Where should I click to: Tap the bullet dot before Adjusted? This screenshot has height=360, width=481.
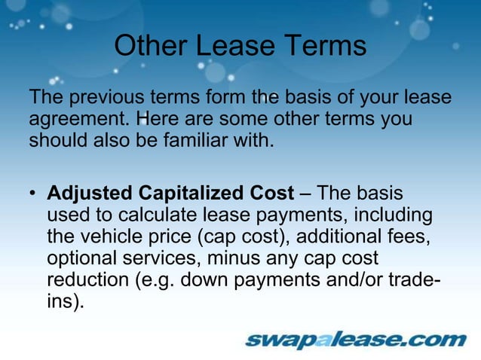tap(33, 195)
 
